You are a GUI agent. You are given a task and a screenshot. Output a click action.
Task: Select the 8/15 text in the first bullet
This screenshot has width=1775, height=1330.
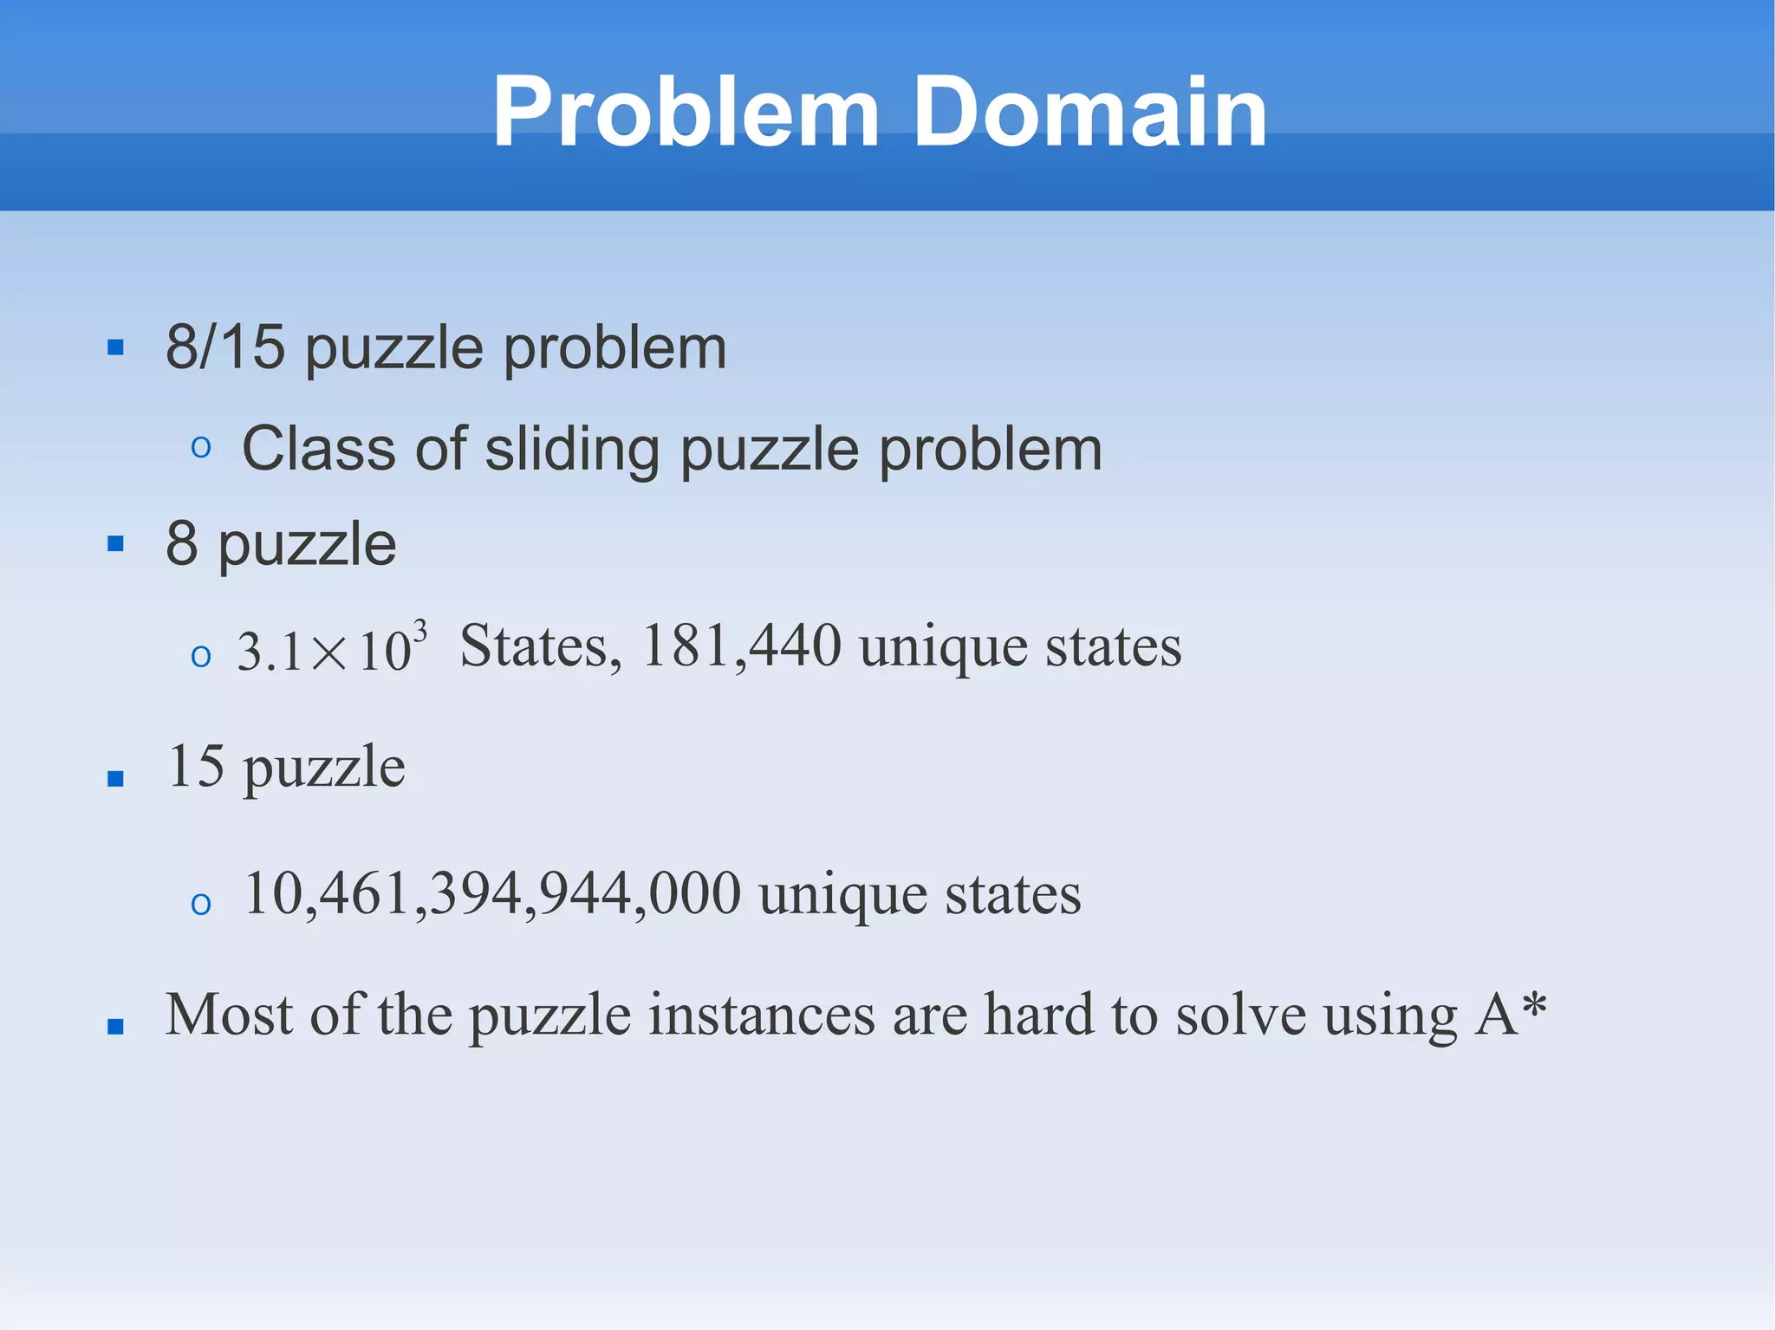click(x=224, y=347)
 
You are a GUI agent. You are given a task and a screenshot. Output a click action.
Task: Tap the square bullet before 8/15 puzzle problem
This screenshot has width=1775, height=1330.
click(x=115, y=348)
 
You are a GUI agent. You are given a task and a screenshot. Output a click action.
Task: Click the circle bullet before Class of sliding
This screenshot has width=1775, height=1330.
click(x=201, y=448)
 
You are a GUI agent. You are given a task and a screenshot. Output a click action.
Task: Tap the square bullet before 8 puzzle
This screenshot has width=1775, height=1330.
click(x=115, y=544)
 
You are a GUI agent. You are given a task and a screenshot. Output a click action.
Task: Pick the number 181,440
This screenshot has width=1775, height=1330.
click(x=741, y=646)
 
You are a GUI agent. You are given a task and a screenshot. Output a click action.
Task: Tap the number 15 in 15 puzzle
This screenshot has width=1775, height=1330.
click(x=197, y=766)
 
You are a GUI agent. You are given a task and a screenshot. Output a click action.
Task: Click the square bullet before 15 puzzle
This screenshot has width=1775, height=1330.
click(x=115, y=778)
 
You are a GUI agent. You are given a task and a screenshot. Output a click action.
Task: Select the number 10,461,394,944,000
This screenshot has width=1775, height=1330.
click(x=492, y=893)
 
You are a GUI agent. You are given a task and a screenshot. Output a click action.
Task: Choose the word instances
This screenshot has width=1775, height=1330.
click(x=762, y=1015)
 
